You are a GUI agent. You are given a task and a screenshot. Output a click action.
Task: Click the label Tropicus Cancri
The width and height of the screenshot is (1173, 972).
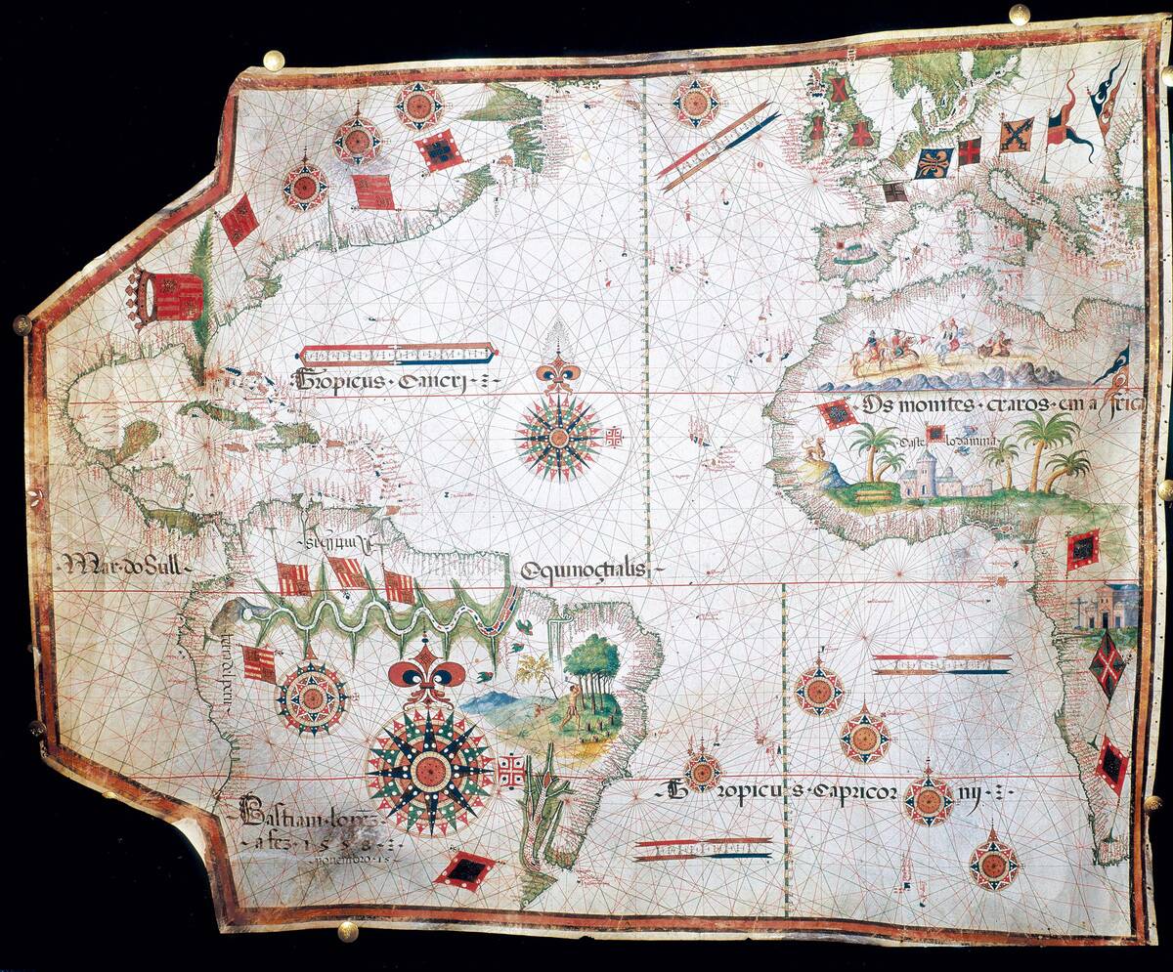pyautogui.click(x=396, y=380)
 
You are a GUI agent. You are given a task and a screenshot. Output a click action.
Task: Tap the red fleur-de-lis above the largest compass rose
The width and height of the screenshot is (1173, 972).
pyautogui.click(x=427, y=674)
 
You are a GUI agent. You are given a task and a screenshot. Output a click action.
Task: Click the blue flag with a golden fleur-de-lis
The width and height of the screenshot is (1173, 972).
pyautogui.click(x=934, y=162)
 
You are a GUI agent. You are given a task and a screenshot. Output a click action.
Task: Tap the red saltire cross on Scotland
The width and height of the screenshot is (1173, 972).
pyautogui.click(x=839, y=90)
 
